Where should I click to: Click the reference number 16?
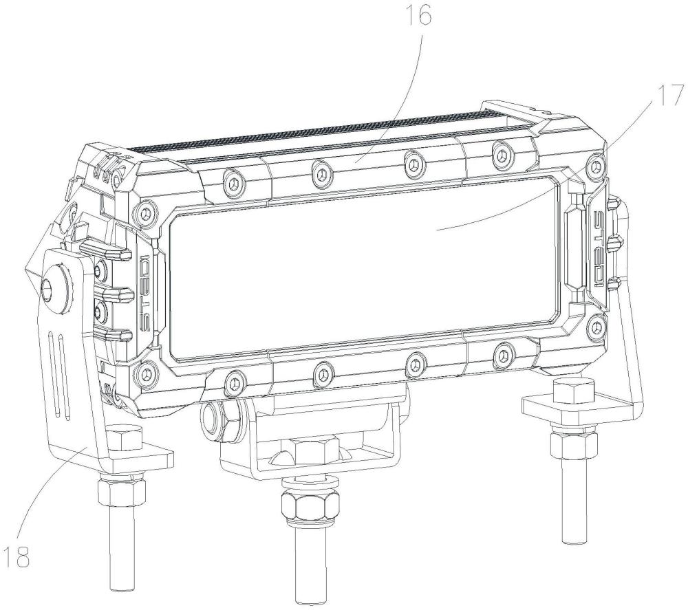pyautogui.click(x=418, y=17)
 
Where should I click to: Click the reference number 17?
pyautogui.click(x=669, y=96)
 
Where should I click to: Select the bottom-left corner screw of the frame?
pyautogui.click(x=145, y=373)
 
